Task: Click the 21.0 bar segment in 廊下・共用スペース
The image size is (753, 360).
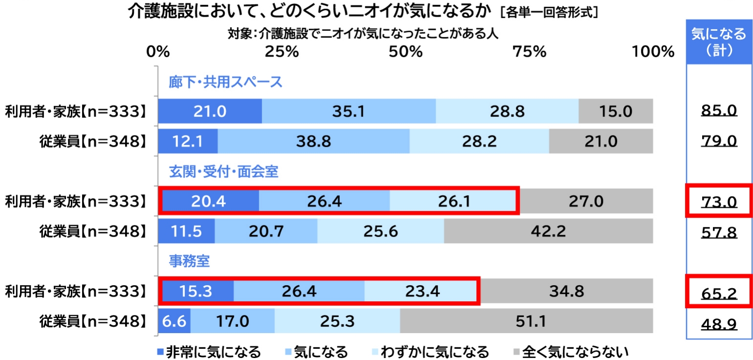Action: point(210,112)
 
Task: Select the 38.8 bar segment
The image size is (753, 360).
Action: point(313,141)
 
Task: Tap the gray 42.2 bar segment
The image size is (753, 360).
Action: point(548,231)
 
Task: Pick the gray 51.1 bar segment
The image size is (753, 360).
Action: point(526,321)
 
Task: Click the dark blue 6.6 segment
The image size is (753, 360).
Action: point(175,321)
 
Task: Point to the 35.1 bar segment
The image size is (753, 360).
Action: point(349,112)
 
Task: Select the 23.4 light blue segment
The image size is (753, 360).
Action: point(421,292)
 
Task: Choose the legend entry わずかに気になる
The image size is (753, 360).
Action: point(429,351)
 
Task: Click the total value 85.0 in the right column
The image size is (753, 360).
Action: point(718,112)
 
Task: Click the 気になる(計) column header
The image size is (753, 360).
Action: point(718,42)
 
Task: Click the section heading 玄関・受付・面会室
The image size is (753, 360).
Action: point(223,172)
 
